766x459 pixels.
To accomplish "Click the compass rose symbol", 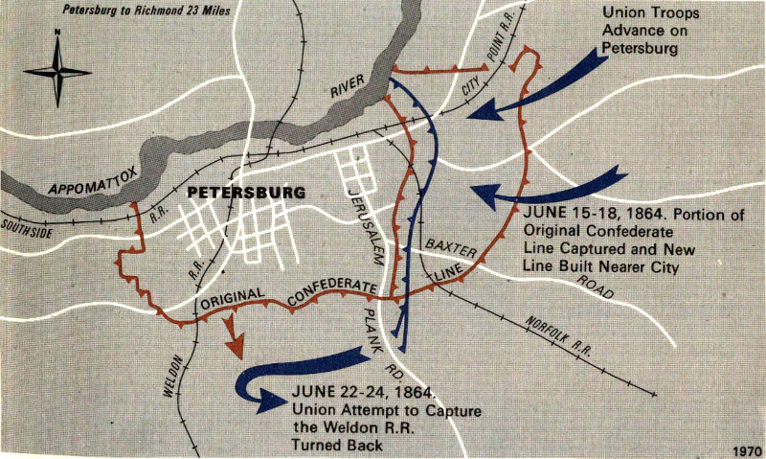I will pos(56,71).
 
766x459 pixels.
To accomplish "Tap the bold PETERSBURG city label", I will pos(246,192).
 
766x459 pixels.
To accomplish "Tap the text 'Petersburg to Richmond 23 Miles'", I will pos(128,11).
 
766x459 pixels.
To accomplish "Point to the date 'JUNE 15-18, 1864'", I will pos(588,216).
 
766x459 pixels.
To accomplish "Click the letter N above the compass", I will pos(57,33).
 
